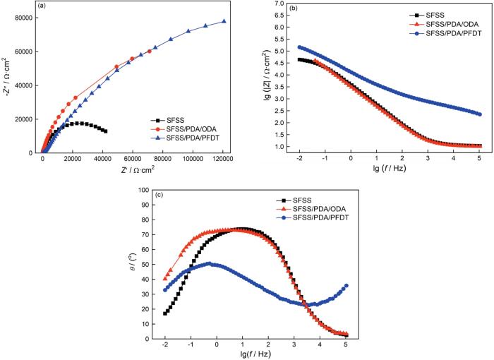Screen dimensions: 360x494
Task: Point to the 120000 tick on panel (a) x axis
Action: coord(224,160)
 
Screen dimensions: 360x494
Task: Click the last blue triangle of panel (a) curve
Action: coord(224,21)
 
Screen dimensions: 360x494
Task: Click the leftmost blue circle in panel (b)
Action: coord(299,47)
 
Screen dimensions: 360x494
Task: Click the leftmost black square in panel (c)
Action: coord(165,313)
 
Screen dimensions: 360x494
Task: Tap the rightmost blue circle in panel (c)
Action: coord(347,286)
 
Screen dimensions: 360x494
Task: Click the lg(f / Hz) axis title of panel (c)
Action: coord(255,354)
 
